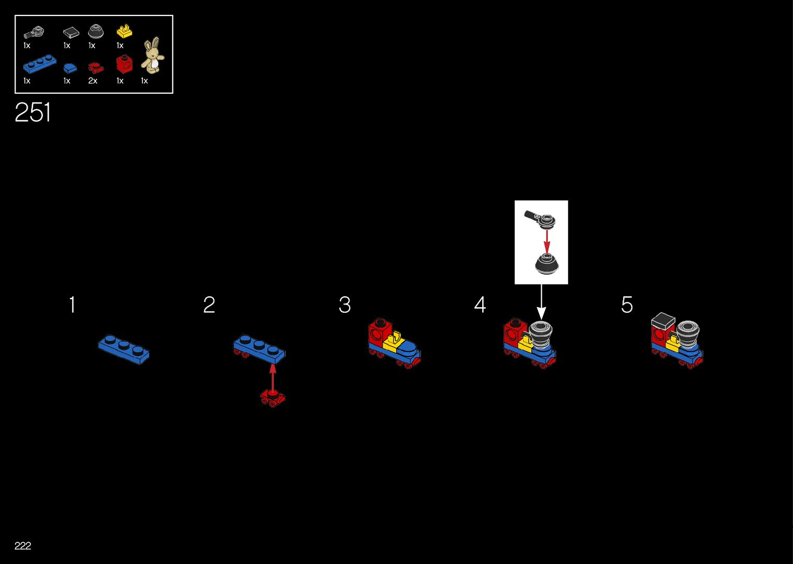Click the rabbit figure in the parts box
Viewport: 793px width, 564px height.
[152, 55]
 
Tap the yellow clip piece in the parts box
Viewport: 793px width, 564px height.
[124, 32]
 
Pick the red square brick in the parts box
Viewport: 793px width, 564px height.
[124, 64]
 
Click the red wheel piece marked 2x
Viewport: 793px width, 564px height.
[95, 67]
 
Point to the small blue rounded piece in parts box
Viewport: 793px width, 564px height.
[69, 68]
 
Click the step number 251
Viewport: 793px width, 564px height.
[33, 112]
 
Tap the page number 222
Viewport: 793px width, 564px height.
[23, 545]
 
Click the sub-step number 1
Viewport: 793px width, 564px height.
[73, 305]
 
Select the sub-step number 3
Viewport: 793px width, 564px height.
[344, 305]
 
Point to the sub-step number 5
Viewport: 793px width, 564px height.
[627, 305]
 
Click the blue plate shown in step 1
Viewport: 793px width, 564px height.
[124, 349]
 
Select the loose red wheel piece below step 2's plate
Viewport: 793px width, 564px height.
[272, 398]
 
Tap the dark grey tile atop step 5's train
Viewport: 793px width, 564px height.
[663, 321]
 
